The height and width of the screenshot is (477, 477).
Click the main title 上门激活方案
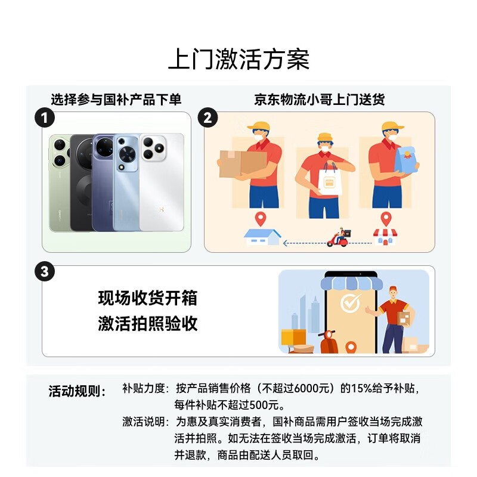point(239,59)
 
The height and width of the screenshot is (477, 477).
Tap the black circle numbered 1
point(44,117)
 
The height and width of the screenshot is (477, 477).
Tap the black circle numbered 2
point(207,117)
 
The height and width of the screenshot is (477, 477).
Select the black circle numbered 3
point(44,271)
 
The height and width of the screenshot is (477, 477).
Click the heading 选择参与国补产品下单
point(116,100)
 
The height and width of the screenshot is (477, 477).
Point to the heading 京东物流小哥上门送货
point(320,100)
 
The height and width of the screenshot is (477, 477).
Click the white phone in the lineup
point(162,182)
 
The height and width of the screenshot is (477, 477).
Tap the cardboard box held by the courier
point(243,163)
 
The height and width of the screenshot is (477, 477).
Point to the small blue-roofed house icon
point(262,237)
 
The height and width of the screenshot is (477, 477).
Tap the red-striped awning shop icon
point(385,237)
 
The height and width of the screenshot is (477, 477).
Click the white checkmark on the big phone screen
point(350,302)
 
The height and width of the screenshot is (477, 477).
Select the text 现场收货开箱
point(148,298)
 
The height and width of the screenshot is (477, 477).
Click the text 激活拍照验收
point(148,323)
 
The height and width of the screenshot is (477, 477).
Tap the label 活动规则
point(77,391)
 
